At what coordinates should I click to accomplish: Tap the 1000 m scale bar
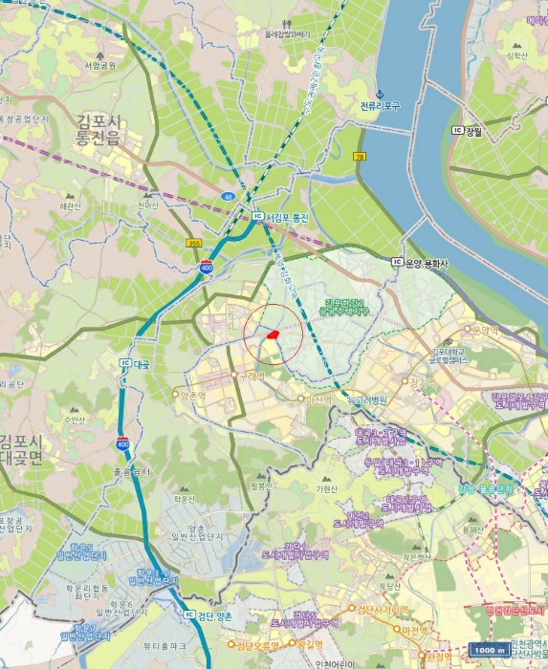(x=490, y=650)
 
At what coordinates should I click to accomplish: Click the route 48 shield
(x=228, y=197)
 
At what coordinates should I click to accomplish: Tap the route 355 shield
(x=195, y=244)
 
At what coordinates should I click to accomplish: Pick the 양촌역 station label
(x=192, y=395)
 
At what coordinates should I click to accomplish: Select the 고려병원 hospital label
(x=367, y=399)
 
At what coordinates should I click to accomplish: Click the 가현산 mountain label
(x=327, y=489)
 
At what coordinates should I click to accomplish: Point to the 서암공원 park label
(x=99, y=66)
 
